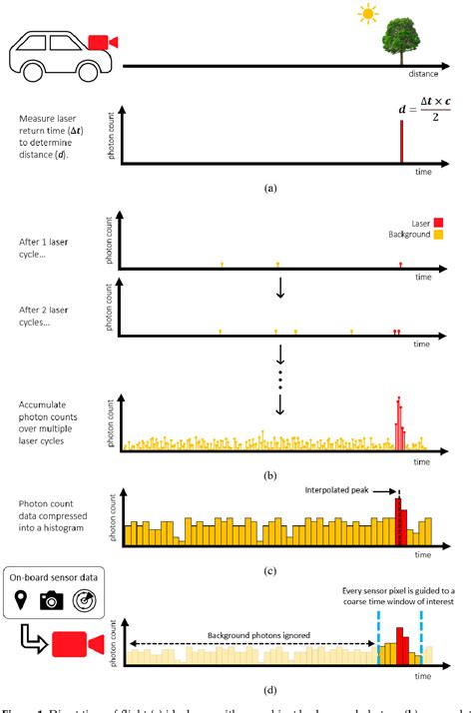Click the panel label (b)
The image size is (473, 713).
click(x=268, y=475)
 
